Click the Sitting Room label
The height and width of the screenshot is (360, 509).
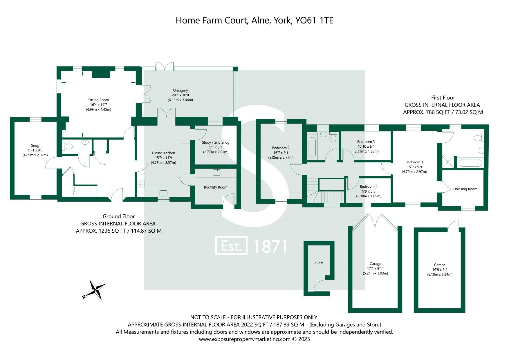pos(98,100)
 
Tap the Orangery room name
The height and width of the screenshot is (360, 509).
pos(180,90)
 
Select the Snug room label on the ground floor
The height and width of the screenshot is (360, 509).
pos(35,145)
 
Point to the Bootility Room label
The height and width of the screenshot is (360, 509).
pos(216,187)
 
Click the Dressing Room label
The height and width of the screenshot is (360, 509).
pos(465,189)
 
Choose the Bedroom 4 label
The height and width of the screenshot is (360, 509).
pos(369,186)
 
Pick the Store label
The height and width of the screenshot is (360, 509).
pos(319,262)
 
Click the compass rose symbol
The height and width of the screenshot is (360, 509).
pos(95,289)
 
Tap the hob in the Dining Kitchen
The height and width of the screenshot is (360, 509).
pos(141,183)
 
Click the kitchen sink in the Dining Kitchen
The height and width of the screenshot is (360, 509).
pos(163,193)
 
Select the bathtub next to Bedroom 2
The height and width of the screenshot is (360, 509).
pos(312,147)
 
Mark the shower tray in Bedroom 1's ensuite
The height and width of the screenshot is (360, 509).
pos(449,163)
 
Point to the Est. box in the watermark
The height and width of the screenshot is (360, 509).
pos(231,246)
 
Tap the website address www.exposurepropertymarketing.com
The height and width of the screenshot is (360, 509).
pos(245,339)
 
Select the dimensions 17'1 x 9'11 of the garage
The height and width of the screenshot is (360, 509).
pos(375,268)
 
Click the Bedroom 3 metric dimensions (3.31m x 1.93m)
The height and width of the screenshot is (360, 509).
pos(366,151)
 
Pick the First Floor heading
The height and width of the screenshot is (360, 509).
pos(443,98)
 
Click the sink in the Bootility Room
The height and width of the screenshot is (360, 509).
pos(217,172)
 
